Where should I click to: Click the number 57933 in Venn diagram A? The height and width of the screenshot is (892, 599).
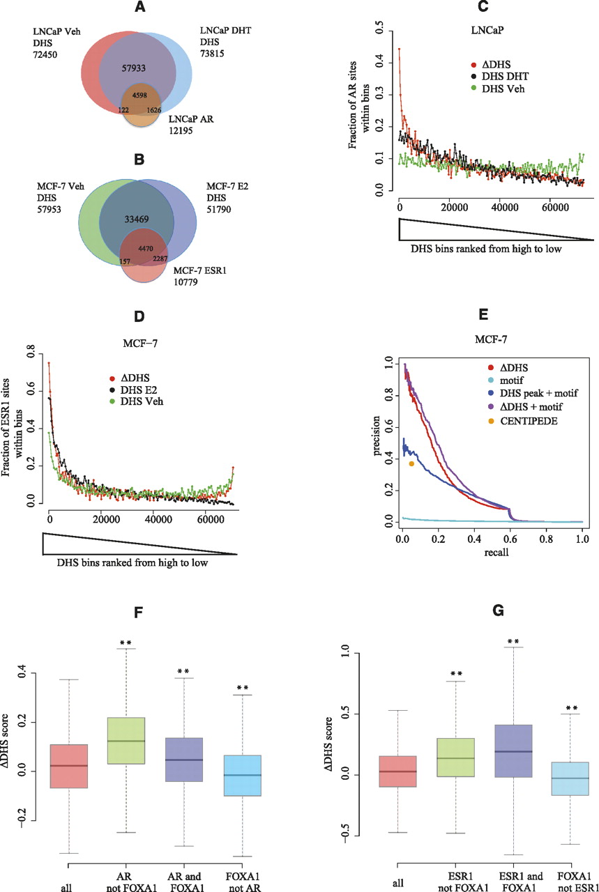pos(137,69)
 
